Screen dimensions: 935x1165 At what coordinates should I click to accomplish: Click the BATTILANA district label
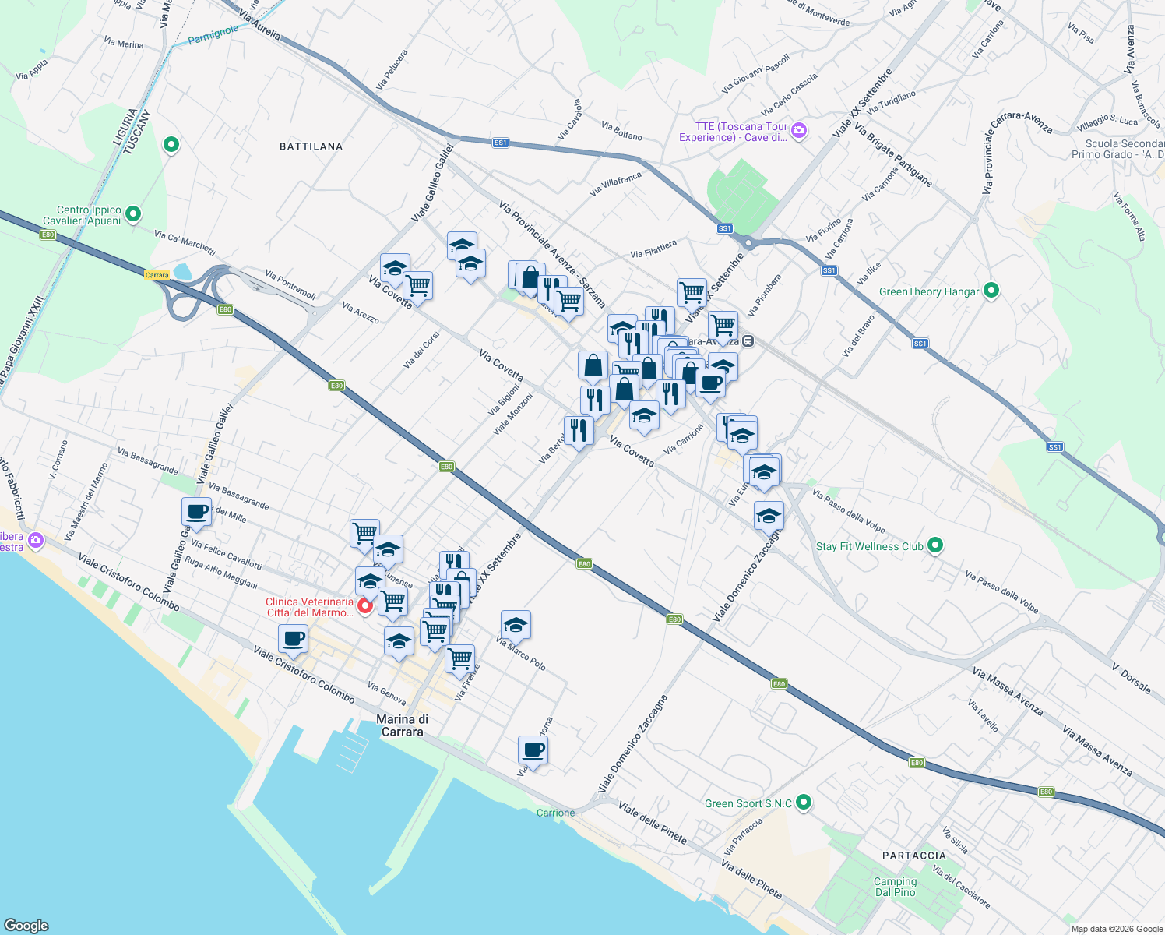[311, 146]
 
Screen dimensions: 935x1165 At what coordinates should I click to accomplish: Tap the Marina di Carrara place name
[402, 725]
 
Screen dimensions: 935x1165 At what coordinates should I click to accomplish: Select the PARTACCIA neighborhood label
[914, 856]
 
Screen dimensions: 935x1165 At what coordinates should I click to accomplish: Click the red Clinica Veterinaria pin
[364, 605]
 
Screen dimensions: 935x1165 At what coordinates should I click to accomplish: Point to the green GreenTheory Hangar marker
[991, 291]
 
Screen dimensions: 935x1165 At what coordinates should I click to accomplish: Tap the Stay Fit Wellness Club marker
[935, 545]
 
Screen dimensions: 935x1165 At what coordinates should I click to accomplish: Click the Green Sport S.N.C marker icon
[804, 802]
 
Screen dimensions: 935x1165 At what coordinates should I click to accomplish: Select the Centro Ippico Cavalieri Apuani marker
[133, 213]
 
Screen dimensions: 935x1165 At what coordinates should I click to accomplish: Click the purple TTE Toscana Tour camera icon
[799, 130]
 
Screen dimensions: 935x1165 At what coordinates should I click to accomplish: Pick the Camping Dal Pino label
[895, 887]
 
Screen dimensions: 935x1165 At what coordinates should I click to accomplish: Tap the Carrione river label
[555, 813]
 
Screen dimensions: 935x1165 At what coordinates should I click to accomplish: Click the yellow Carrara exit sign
[157, 275]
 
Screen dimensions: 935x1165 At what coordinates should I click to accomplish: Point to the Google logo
[26, 925]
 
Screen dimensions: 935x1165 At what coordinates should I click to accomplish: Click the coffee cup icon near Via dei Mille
[197, 512]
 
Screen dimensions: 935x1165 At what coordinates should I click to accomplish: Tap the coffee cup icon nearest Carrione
[533, 750]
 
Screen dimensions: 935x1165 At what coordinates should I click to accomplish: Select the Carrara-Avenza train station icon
[748, 341]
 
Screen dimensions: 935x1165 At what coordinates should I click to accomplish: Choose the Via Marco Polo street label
[521, 653]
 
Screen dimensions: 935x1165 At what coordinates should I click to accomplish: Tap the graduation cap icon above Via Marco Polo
[516, 624]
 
